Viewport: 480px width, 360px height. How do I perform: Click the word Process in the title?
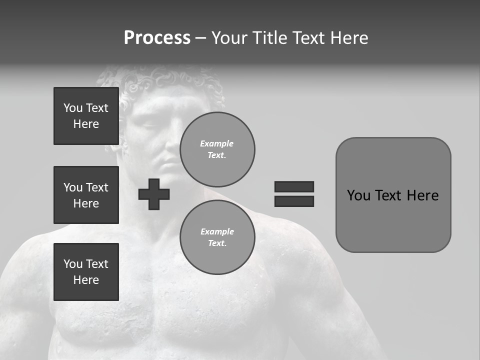point(157,38)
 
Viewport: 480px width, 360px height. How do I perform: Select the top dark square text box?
point(86,116)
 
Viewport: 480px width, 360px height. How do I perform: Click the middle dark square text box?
point(86,195)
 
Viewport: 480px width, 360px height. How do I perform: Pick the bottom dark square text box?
point(86,272)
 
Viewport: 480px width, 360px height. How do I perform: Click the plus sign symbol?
point(154,194)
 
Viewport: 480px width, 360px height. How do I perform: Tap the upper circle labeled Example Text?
point(217,149)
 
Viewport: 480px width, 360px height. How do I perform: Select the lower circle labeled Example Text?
point(217,237)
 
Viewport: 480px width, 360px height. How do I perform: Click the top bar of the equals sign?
point(294,186)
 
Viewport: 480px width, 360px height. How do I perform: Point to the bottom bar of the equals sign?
point(294,201)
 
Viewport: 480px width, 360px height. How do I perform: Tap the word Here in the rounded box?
point(422,195)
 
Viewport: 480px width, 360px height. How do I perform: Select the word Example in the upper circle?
point(217,143)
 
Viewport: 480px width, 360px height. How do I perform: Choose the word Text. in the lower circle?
point(217,243)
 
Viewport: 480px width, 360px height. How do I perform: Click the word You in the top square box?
point(72,108)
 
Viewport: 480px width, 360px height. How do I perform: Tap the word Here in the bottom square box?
point(86,280)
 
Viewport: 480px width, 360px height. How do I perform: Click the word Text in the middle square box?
point(97,187)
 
